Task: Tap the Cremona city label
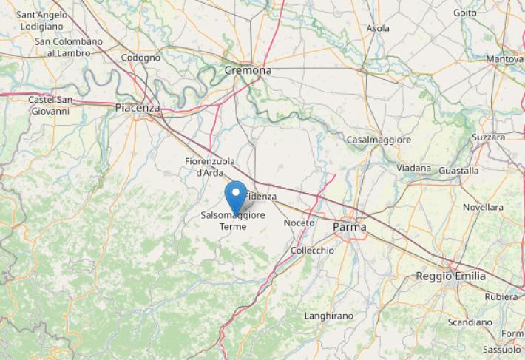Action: click(x=248, y=70)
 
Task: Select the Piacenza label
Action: click(x=138, y=108)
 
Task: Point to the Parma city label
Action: click(x=349, y=227)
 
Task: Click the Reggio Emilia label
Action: click(x=451, y=276)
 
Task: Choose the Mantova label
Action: click(x=505, y=58)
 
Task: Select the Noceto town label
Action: click(x=299, y=223)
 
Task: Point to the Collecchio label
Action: click(x=312, y=251)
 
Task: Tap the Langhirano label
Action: click(x=329, y=316)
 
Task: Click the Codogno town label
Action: click(x=140, y=58)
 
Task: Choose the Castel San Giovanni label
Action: click(x=50, y=106)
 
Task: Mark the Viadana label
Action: click(x=413, y=169)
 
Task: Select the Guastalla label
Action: click(x=458, y=170)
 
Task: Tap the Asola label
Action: click(x=379, y=28)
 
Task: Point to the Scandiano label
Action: click(x=470, y=322)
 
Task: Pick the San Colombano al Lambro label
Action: click(x=69, y=47)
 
